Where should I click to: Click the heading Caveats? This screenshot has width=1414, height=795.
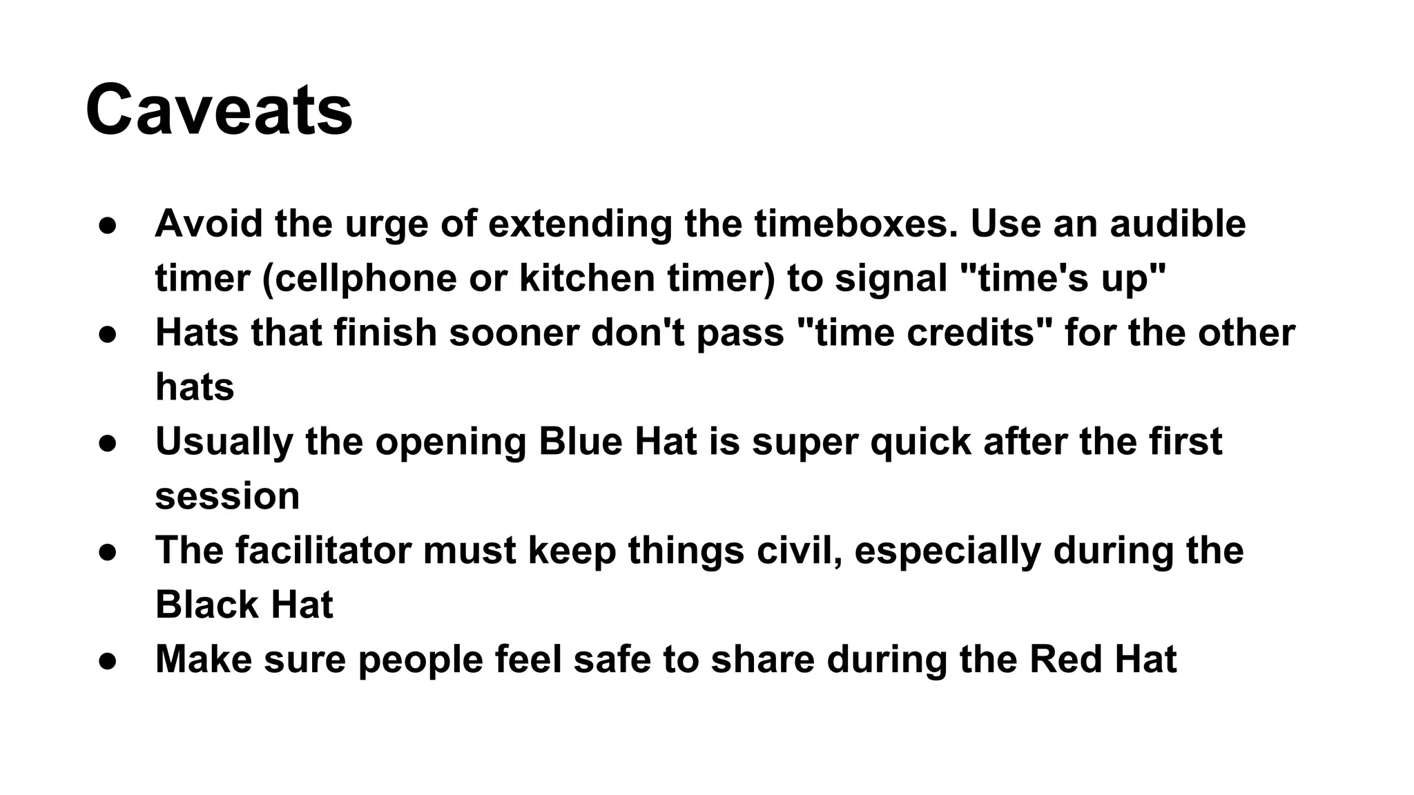pos(219,110)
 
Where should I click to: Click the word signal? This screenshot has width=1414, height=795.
pos(891,278)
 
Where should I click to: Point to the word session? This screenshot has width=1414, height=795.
pos(227,496)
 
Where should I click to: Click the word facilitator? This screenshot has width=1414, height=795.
pos(323,551)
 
